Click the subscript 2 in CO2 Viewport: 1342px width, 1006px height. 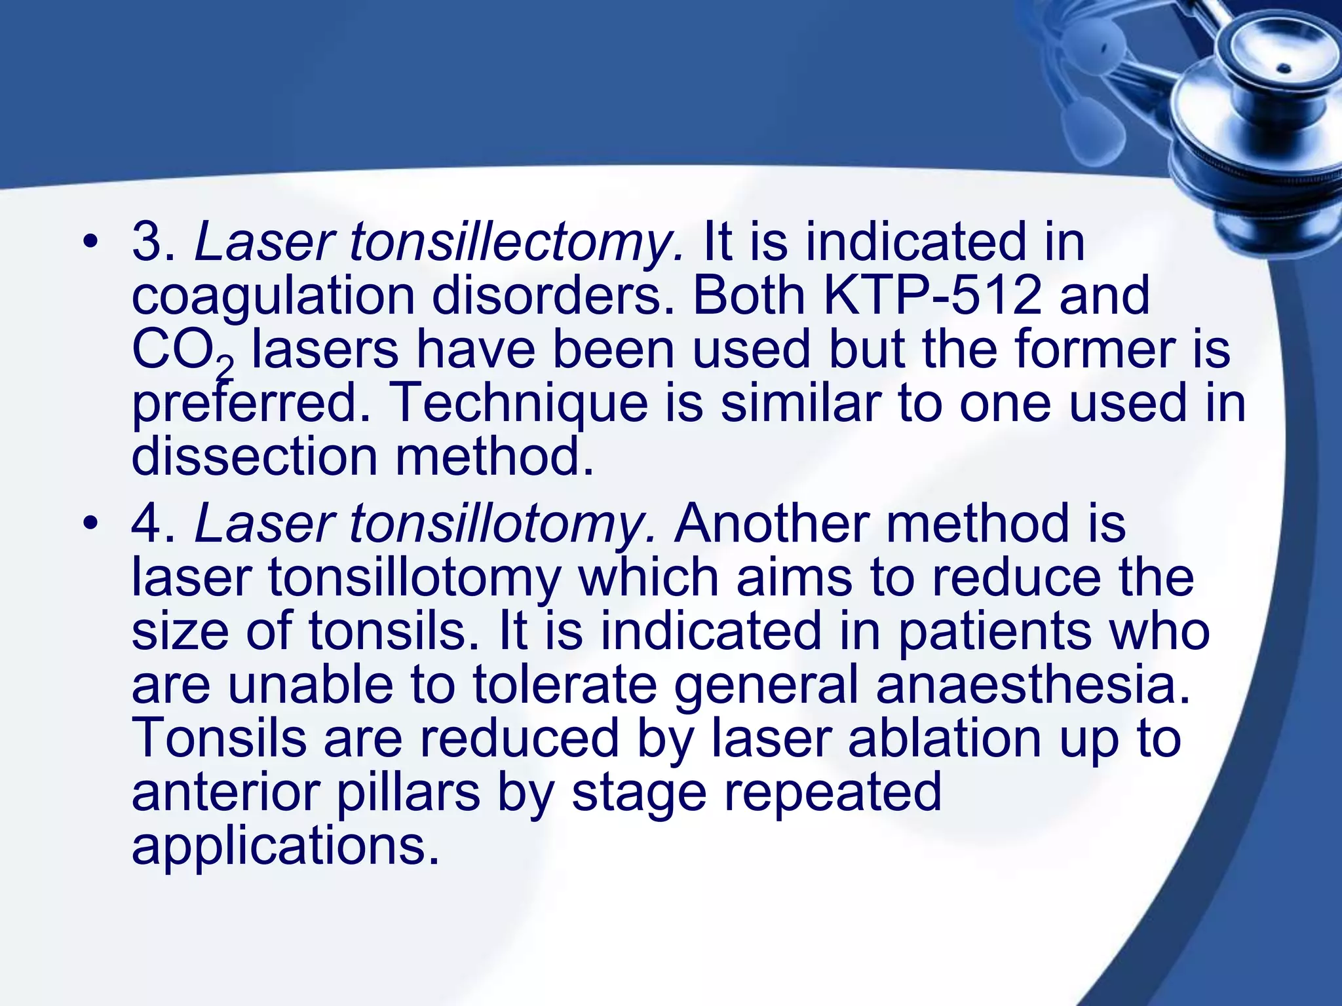click(x=225, y=369)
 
